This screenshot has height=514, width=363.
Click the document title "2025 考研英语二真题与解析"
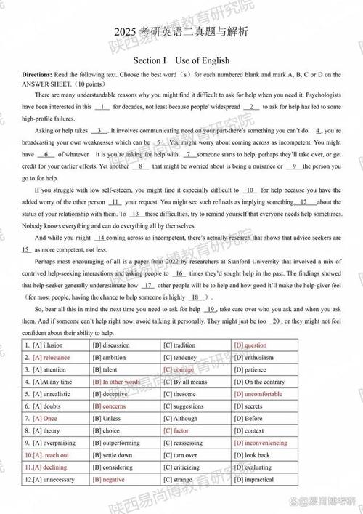click(181, 32)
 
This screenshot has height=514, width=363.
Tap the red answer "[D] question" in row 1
click(250, 345)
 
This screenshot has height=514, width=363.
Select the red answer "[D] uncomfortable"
click(258, 394)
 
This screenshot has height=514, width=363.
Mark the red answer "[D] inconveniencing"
click(261, 443)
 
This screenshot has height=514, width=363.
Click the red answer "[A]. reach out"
click(50, 455)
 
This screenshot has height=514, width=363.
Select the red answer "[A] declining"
click(47, 467)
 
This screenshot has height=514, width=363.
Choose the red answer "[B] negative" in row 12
click(109, 480)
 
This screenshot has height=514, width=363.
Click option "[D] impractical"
click(254, 480)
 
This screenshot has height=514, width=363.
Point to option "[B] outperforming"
click(116, 443)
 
